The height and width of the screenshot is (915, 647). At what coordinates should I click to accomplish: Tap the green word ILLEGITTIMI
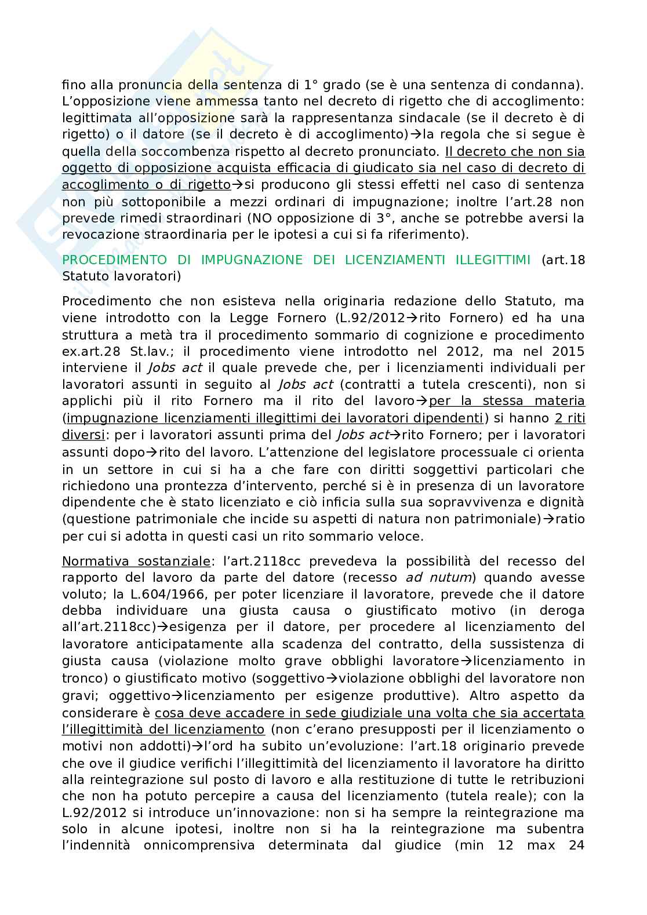pyautogui.click(x=495, y=260)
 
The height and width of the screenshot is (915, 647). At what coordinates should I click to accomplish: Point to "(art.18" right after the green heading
pyautogui.click(x=563, y=260)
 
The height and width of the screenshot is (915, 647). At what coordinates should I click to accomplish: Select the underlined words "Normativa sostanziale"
pyautogui.click(x=136, y=561)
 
